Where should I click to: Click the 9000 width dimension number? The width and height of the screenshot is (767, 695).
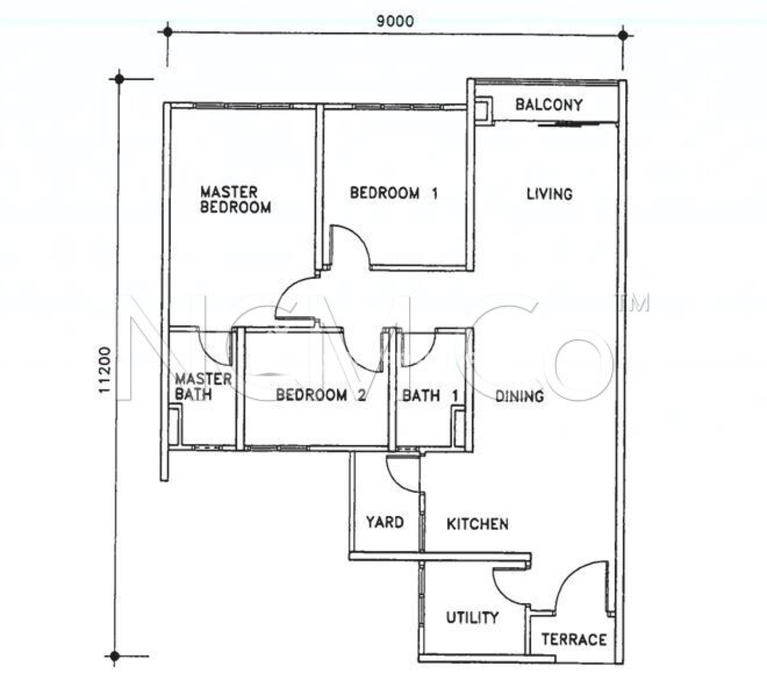pyautogui.click(x=395, y=21)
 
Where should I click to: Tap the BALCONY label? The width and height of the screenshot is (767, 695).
pyautogui.click(x=549, y=104)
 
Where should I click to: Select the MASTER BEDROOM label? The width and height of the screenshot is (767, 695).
pyautogui.click(x=236, y=200)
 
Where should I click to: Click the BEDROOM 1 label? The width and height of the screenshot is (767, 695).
pyautogui.click(x=394, y=193)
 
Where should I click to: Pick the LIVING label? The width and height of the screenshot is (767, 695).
pyautogui.click(x=549, y=194)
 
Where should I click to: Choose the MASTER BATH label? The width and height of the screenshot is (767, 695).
pyautogui.click(x=203, y=386)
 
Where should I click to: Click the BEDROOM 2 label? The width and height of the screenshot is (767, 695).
pyautogui.click(x=321, y=395)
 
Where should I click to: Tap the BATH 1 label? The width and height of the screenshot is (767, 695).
pyautogui.click(x=430, y=396)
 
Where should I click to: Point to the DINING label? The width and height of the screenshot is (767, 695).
pyautogui.click(x=519, y=397)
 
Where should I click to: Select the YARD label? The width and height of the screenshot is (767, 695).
pyautogui.click(x=385, y=522)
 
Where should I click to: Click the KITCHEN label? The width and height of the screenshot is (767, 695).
pyautogui.click(x=478, y=524)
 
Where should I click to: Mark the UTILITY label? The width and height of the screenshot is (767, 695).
pyautogui.click(x=472, y=617)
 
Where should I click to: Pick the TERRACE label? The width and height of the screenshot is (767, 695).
pyautogui.click(x=574, y=640)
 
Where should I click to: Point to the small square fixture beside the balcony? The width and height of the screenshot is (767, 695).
pyautogui.click(x=482, y=110)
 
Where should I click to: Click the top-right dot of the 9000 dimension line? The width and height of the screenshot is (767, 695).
pyautogui.click(x=623, y=35)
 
